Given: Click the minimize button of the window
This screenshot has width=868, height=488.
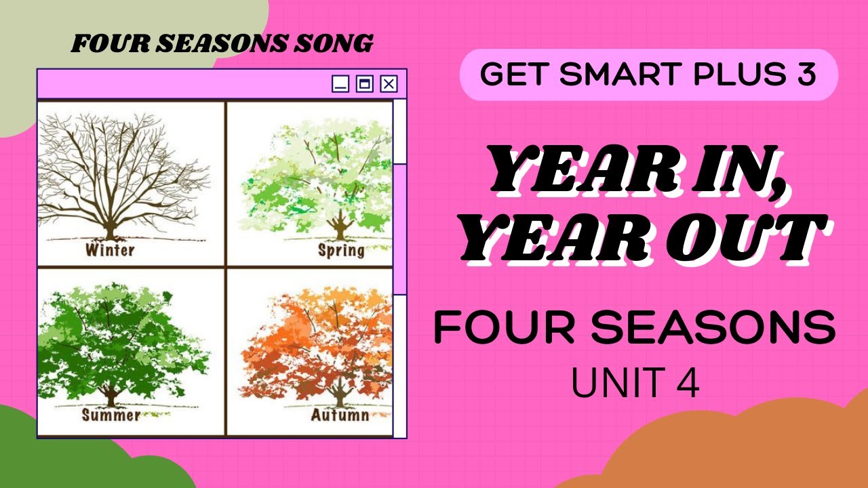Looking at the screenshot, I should coord(340,84).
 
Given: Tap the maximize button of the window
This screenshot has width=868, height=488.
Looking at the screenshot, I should coord(364,84).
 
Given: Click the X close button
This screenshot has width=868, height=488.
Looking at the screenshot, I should coord(389,84).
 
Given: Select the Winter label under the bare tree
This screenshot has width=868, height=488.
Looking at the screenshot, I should coord(110,250).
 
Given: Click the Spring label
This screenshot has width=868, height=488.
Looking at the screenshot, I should coord(341,251).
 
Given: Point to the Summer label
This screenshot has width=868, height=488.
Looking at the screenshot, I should coord(111,414).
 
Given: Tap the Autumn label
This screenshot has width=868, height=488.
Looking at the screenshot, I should coord(340,414).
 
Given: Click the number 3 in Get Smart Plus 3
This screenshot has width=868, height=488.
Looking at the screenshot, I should coord(807,75).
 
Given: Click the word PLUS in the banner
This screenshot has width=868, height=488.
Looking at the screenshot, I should coord(735,75).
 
